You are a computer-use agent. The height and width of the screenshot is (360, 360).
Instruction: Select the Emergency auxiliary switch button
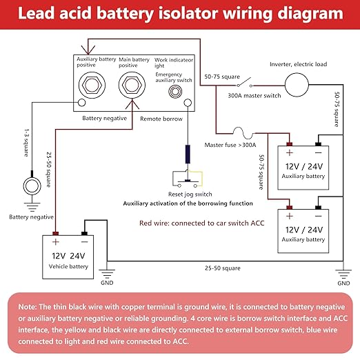point(175,92)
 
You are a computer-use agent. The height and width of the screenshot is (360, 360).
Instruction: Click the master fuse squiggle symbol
point(243,133)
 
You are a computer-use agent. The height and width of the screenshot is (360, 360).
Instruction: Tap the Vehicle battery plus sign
point(56,242)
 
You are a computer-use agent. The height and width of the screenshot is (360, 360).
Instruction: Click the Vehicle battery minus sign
point(85,242)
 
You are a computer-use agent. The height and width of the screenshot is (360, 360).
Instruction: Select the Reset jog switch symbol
point(188,179)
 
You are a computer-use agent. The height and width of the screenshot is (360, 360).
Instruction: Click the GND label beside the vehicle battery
point(107,283)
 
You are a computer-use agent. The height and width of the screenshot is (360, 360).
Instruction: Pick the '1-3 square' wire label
point(27,143)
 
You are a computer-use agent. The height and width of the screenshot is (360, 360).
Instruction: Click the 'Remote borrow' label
point(161,119)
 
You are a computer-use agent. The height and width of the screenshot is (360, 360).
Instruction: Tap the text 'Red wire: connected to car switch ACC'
point(202,223)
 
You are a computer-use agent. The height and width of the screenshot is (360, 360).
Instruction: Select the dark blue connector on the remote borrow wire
point(188,154)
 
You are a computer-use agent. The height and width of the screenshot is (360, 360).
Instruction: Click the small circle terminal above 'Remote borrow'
point(188,102)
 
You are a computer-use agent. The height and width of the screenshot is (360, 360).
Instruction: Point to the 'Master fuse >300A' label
point(230,145)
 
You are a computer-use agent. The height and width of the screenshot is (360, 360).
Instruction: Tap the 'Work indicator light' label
point(174,63)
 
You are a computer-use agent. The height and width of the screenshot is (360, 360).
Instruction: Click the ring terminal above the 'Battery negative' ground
point(32,186)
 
